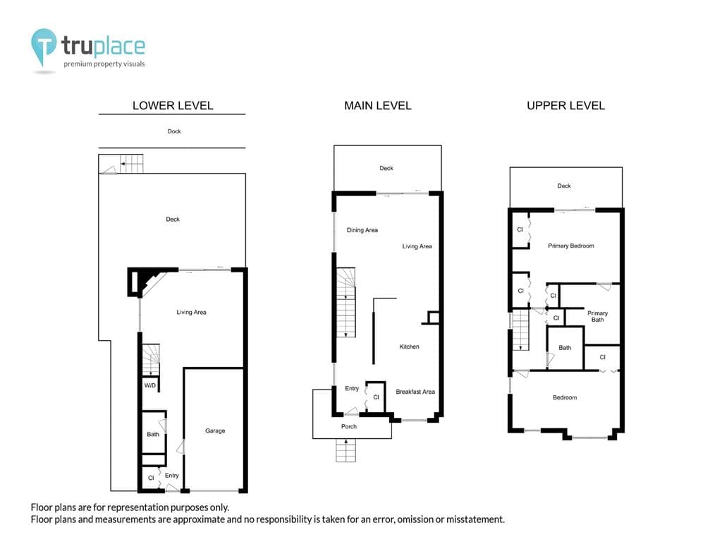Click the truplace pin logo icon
point(44,46)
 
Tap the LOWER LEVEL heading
point(173,106)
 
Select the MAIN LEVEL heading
point(378,106)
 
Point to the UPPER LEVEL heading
point(565,106)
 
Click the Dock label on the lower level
point(174,131)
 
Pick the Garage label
point(215,431)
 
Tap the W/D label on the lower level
point(150,385)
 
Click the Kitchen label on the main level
point(410,347)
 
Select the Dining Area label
point(362,230)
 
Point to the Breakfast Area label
point(415,392)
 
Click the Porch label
point(349,426)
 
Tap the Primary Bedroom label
point(571,246)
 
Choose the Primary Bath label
point(598,316)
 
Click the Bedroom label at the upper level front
point(565,397)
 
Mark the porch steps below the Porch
point(345,450)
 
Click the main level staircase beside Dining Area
point(345,302)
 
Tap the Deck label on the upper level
point(564,186)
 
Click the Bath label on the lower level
point(153,434)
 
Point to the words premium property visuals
point(104,64)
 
